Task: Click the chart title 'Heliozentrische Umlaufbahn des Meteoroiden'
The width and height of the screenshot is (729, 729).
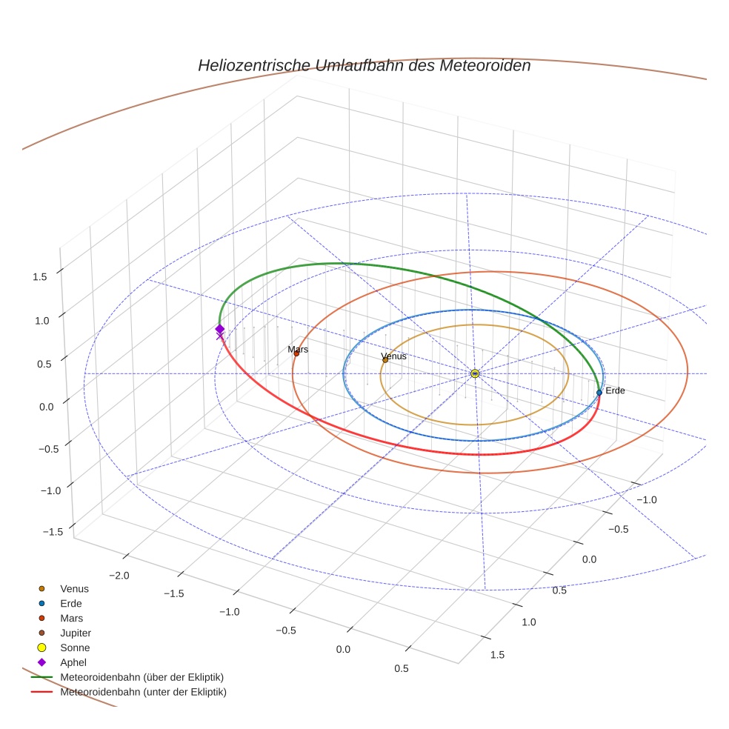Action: pos(364,65)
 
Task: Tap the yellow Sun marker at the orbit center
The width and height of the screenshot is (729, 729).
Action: pos(475,373)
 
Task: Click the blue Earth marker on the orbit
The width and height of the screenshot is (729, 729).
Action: pos(599,393)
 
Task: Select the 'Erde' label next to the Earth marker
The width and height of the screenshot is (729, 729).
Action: pos(615,390)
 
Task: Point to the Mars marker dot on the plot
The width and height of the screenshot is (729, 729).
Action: pos(296,353)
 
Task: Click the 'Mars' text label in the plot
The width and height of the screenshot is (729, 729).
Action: pos(298,349)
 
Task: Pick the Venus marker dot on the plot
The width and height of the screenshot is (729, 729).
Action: pos(385,360)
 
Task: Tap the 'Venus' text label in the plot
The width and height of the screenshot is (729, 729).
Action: pos(393,356)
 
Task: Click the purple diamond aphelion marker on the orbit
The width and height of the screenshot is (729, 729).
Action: pos(219,329)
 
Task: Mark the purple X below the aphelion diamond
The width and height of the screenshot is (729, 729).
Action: pos(219,336)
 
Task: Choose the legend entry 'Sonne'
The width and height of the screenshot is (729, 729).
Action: pos(75,648)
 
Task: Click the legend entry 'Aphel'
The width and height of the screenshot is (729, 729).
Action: pos(73,662)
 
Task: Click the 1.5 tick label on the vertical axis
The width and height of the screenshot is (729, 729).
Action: pos(39,276)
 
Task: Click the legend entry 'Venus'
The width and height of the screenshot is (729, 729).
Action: pos(74,588)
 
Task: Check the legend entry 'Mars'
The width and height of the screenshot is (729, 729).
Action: pos(71,618)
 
